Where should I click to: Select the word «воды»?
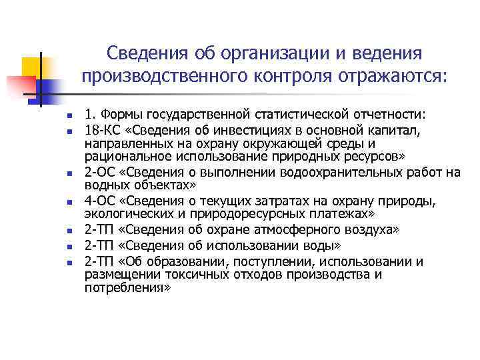click(322, 245)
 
